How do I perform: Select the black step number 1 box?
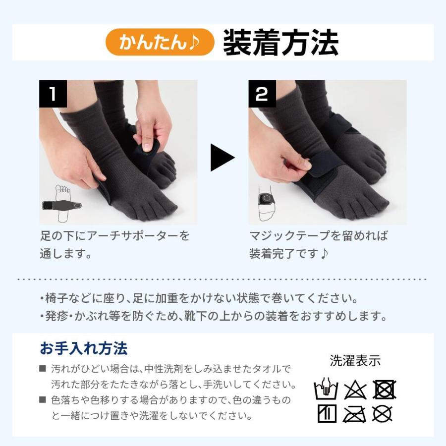53,94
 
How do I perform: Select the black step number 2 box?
262,94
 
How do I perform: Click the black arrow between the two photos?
222,158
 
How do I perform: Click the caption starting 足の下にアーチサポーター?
114,244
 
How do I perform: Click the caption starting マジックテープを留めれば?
318,244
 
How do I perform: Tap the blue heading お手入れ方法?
84,348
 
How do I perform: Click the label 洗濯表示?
355,361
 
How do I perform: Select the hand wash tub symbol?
326,390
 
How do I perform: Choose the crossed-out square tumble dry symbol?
384,390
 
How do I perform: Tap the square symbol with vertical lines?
327,413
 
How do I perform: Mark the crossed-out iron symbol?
355,413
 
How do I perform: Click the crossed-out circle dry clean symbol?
383,413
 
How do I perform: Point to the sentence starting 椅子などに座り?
198,299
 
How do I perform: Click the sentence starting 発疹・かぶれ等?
213,316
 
